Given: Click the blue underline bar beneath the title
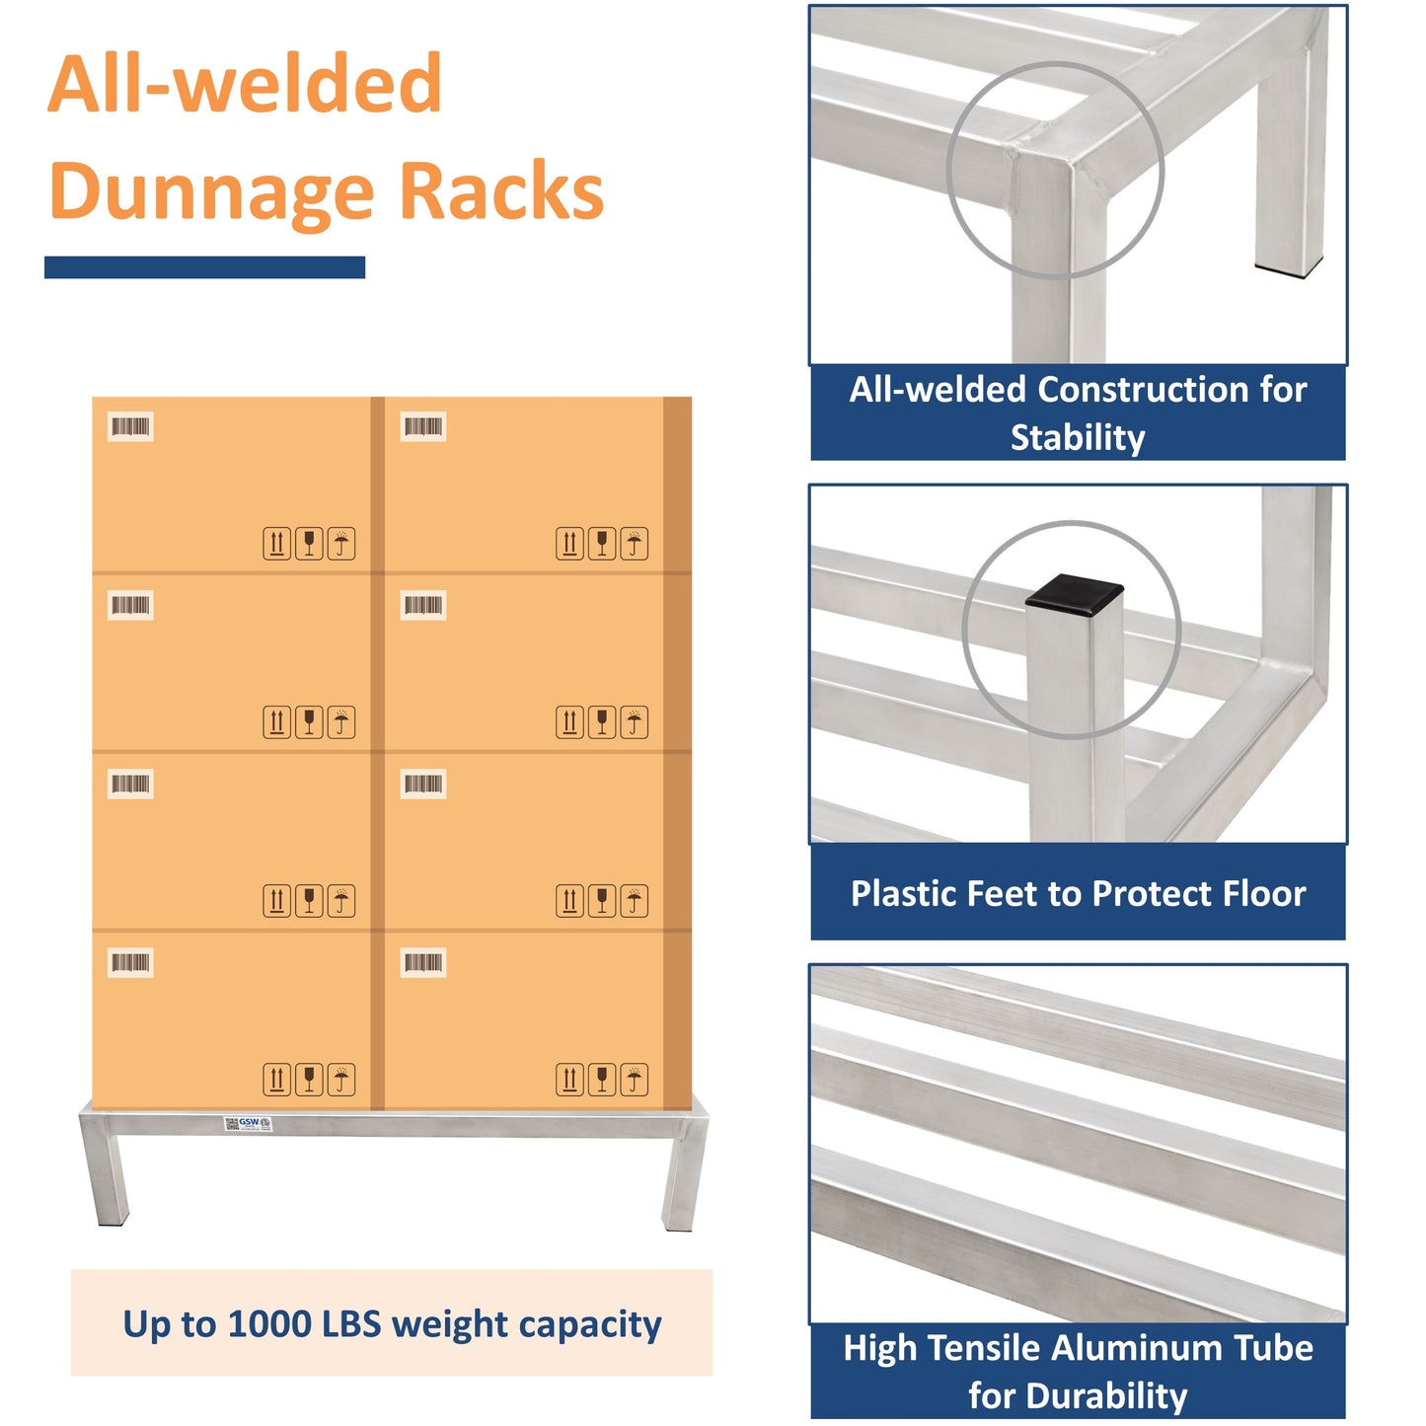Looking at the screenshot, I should pyautogui.click(x=204, y=267).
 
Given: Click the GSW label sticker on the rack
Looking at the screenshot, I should pyautogui.click(x=248, y=1123).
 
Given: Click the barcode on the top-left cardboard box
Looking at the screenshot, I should pyautogui.click(x=130, y=426).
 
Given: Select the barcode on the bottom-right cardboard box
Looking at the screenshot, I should pyautogui.click(x=423, y=962).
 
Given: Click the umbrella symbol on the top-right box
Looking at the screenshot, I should pyautogui.click(x=634, y=544).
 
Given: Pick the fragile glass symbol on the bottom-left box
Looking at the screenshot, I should pyautogui.click(x=309, y=1080).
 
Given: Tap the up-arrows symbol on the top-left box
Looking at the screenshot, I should pyautogui.click(x=277, y=544).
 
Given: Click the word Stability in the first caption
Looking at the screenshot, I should pyautogui.click(x=1078, y=437).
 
